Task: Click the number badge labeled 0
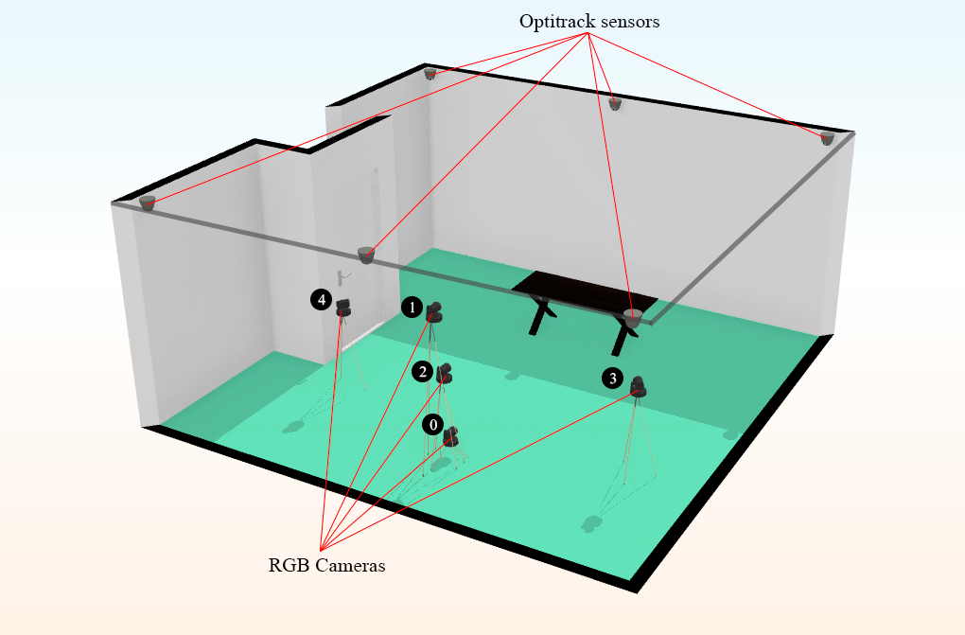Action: (433, 425)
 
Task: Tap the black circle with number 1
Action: (412, 307)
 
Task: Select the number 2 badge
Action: (423, 372)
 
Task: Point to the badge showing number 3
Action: (613, 379)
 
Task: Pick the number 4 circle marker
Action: (322, 300)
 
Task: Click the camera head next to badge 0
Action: (451, 435)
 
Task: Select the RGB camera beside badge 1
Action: (435, 311)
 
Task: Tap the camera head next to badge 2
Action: (444, 373)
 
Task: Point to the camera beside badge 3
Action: (639, 386)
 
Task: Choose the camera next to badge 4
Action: (344, 307)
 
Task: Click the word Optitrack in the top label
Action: (559, 21)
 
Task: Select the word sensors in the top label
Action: (632, 21)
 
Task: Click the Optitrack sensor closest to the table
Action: (632, 317)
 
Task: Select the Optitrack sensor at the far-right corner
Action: (827, 138)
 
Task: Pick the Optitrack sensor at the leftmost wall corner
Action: (148, 203)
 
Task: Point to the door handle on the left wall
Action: (345, 275)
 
